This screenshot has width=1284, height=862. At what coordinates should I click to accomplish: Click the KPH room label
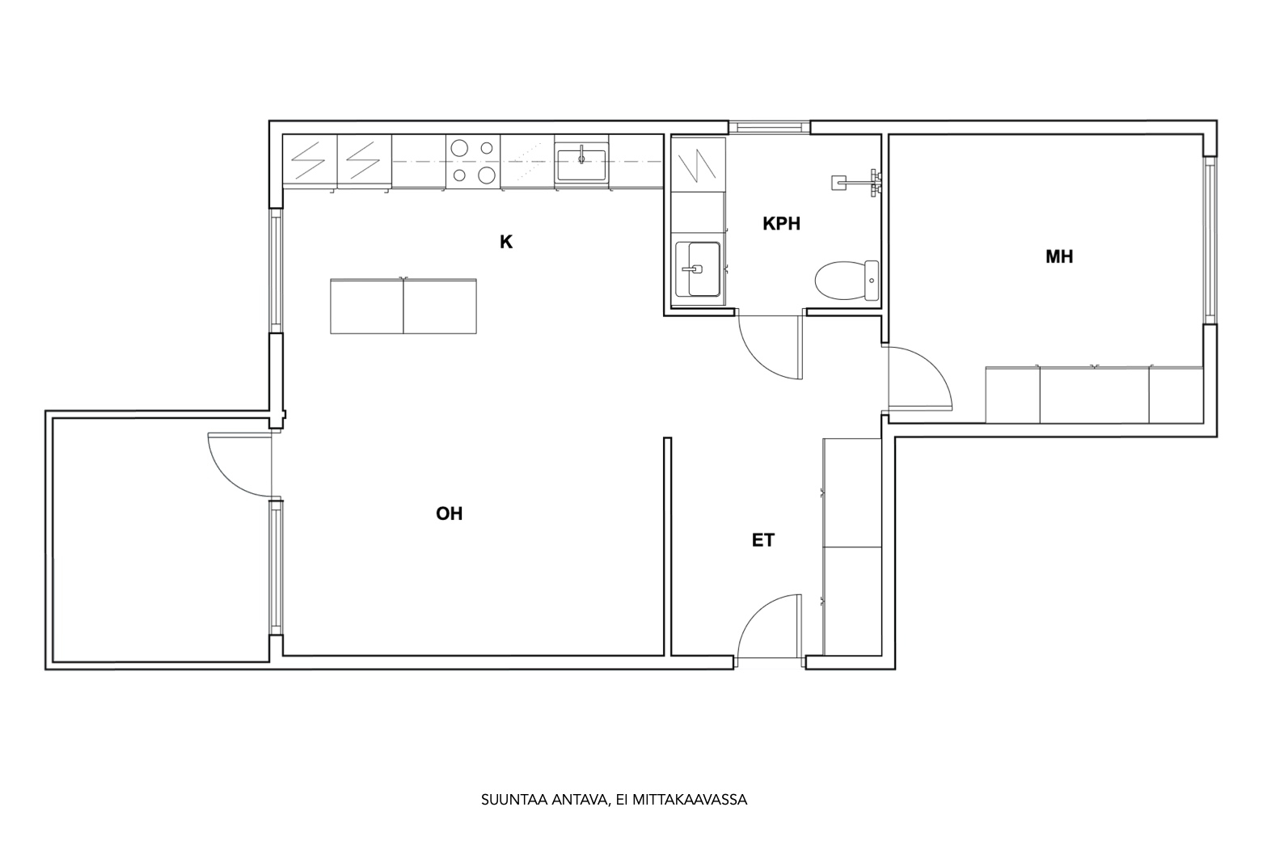coord(781,223)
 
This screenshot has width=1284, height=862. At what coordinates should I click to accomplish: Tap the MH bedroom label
coord(1059,257)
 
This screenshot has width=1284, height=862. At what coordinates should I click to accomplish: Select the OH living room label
coord(449,513)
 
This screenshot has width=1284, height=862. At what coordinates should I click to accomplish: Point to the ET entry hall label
coord(763,540)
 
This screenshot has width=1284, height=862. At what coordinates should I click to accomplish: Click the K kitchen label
coord(506,243)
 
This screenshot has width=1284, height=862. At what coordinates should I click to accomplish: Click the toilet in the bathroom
coord(847,281)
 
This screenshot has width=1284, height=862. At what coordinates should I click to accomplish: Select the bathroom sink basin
coord(698,268)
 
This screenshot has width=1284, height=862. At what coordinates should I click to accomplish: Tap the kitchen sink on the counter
coord(581,165)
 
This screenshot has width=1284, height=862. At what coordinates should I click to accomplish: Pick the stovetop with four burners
coord(473,162)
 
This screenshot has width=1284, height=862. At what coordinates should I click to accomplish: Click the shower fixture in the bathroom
coord(856,183)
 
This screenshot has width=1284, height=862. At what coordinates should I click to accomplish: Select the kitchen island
coord(403,306)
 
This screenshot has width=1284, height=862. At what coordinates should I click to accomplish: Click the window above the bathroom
coord(769,127)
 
